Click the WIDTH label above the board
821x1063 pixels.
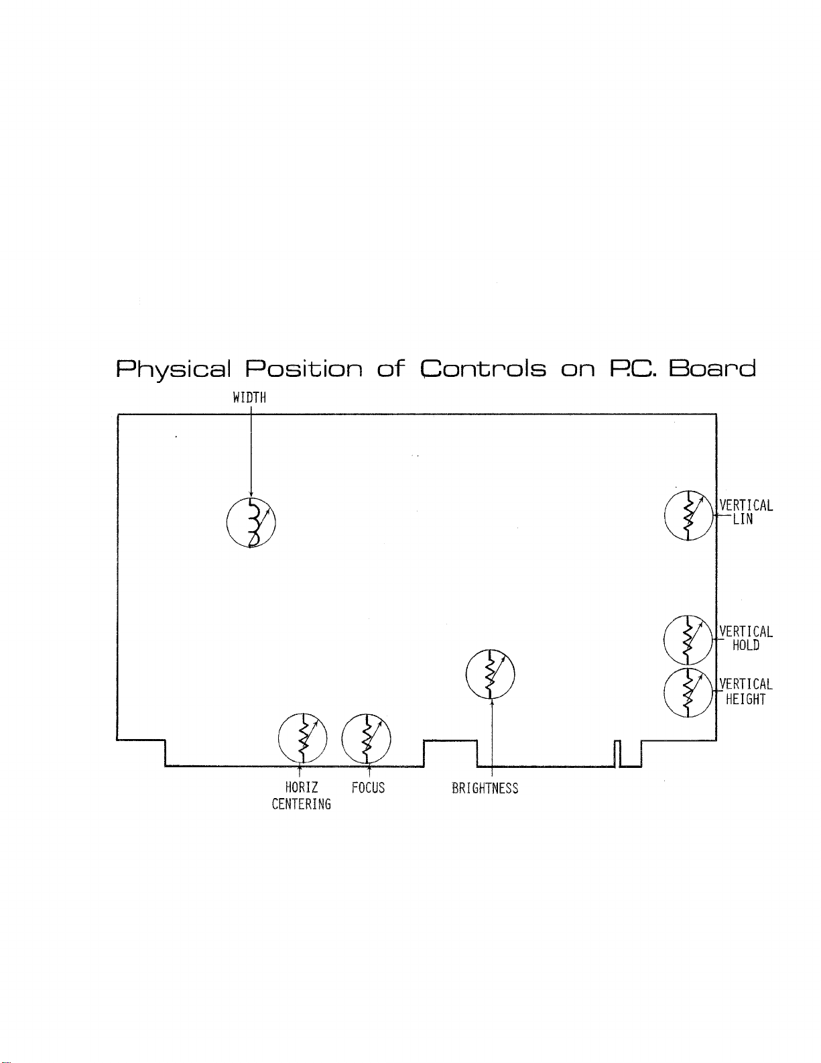(x=249, y=398)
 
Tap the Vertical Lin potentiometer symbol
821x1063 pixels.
(x=688, y=516)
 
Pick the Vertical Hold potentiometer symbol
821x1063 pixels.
(x=688, y=639)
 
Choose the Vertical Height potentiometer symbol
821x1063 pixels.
(x=688, y=693)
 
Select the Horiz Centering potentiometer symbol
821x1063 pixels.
(x=302, y=738)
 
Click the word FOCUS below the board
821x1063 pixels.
(x=368, y=787)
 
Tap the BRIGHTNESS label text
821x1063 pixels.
(x=485, y=788)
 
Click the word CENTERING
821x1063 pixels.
(x=301, y=804)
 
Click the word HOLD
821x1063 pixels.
(x=745, y=646)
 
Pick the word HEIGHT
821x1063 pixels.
(x=745, y=700)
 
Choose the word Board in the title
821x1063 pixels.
(x=713, y=369)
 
